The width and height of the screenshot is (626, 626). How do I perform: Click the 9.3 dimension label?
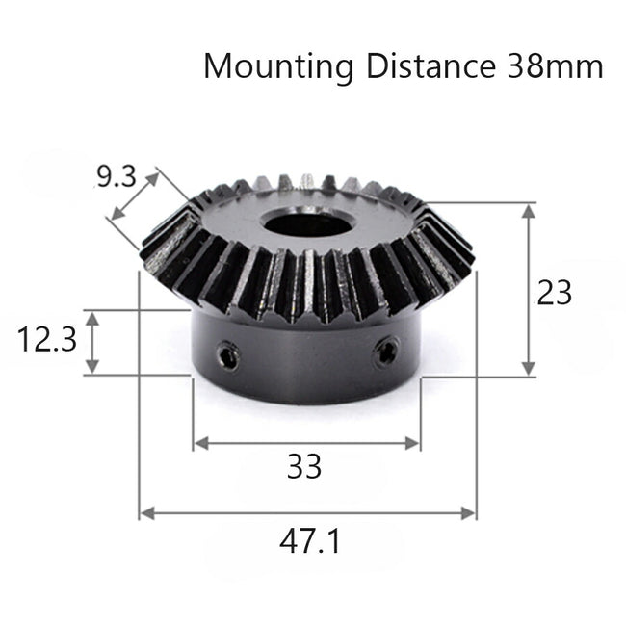point(116,177)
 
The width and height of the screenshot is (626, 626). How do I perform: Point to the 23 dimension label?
point(555,292)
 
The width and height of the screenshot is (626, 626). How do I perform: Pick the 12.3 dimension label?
point(46,341)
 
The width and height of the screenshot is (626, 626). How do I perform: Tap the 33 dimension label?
point(304,468)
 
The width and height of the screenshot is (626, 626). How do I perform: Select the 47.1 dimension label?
point(308,540)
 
